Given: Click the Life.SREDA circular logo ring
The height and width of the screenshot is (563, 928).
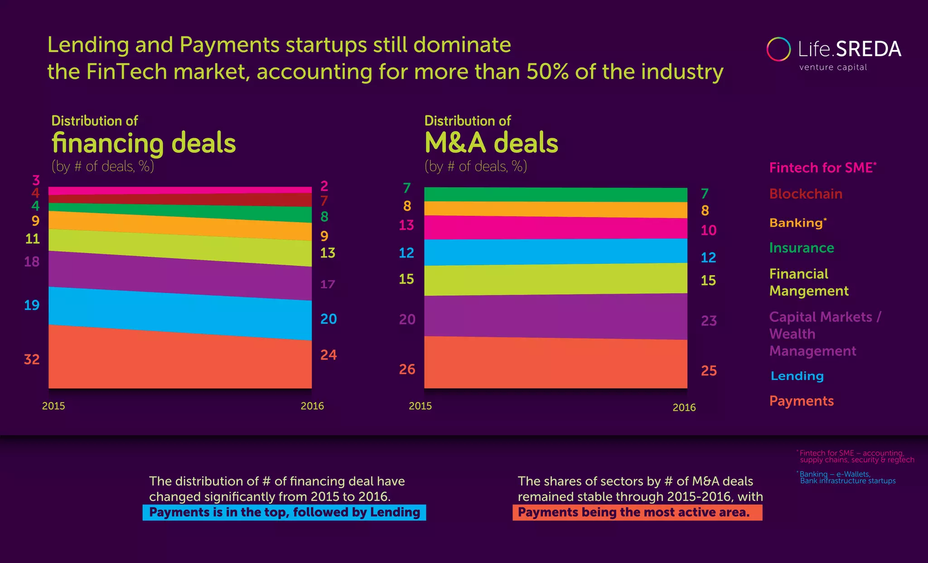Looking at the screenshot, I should tap(778, 49).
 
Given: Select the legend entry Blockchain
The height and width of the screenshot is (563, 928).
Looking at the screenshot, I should tap(806, 194).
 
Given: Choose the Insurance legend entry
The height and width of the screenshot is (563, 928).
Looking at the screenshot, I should tap(802, 248).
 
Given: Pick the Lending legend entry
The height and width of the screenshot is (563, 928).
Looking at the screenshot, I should tap(797, 376).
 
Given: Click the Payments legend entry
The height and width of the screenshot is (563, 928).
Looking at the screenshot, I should tap(801, 401).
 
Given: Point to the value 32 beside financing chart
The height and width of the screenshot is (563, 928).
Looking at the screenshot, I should tap(32, 359).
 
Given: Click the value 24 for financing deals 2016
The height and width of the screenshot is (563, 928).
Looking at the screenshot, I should tap(329, 355).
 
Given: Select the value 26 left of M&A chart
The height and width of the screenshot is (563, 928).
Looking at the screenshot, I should tap(407, 369).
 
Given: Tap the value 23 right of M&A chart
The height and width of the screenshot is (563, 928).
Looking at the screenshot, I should tap(709, 321).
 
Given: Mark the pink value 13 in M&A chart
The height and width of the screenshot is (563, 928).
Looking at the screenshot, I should tap(406, 225).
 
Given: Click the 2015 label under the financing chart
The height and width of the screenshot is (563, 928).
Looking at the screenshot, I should tap(53, 406).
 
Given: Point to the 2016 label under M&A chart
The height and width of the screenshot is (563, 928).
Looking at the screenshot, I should tap(684, 408).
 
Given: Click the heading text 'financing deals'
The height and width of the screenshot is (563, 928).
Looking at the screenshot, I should tap(144, 143).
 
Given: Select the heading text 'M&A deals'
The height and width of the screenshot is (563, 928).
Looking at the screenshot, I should tap(491, 143).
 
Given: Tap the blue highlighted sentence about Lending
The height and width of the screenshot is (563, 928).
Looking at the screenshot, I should tap(284, 512).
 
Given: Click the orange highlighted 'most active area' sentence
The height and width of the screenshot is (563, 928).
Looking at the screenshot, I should tap(637, 512).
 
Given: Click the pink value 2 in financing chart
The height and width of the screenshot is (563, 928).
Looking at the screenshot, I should tap(324, 186).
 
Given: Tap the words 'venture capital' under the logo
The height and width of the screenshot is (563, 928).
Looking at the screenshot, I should tap(833, 68).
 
